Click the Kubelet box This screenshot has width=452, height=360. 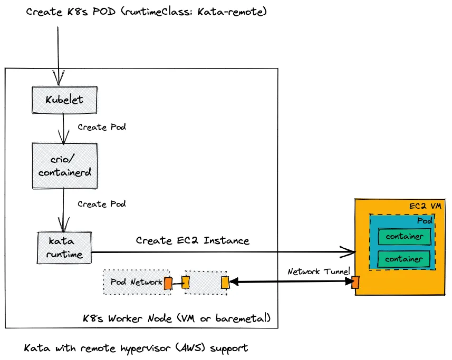coord(64,100)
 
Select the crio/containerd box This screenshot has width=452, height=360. coord(64,165)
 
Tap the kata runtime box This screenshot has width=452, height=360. coord(64,248)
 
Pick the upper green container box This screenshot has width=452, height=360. coord(404,237)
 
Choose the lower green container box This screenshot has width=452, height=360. coord(404,259)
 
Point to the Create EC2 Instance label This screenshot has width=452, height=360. coord(193,240)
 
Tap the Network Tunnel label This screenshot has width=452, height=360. coord(319,271)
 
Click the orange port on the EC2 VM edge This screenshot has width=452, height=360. coord(355,283)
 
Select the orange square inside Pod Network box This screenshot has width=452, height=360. coord(168,283)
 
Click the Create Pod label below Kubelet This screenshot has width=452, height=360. coord(102,127)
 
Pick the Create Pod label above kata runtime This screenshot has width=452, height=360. coord(102,203)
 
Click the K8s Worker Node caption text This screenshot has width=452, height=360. coord(177,318)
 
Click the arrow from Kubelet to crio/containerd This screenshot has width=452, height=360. coord(63,128)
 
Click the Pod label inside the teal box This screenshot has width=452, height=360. coord(425,221)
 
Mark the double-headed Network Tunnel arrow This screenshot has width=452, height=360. coord(290,283)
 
